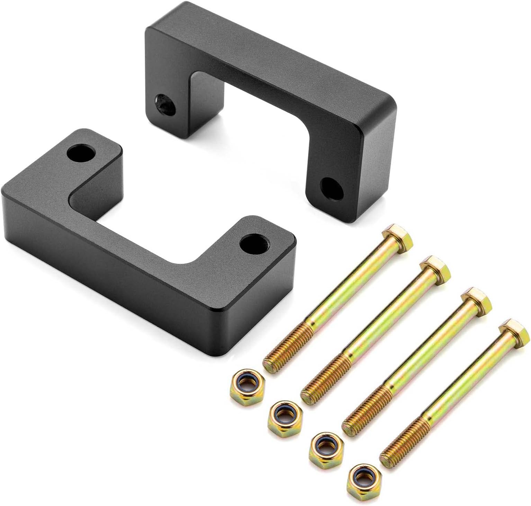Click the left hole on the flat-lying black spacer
coord(82,153)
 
